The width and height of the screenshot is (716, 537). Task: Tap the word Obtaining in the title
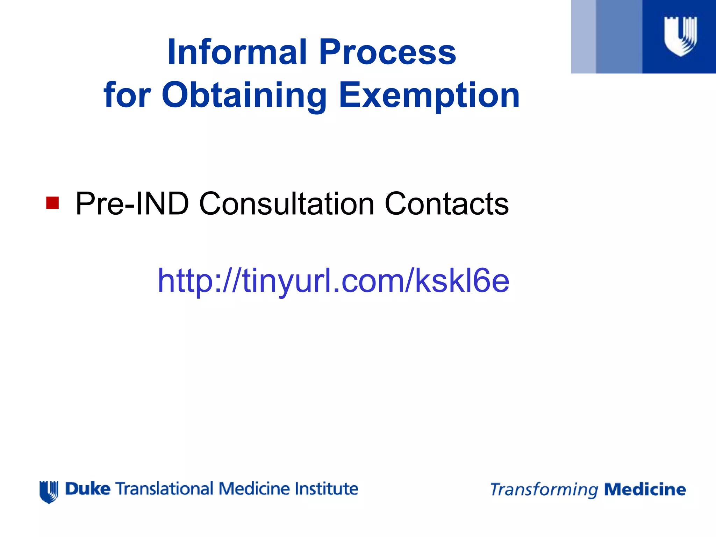pyautogui.click(x=244, y=95)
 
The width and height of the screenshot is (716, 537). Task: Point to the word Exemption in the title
pyautogui.click(x=429, y=95)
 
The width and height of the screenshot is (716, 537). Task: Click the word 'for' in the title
pyautogui.click(x=127, y=95)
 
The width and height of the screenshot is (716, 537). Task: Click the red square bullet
pyautogui.click(x=52, y=203)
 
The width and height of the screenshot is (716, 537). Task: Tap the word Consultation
pyautogui.click(x=287, y=203)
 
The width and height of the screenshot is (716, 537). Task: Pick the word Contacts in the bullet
pyautogui.click(x=446, y=203)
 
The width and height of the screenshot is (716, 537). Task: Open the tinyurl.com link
pyautogui.click(x=333, y=280)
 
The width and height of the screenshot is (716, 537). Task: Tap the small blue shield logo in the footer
pyautogui.click(x=49, y=492)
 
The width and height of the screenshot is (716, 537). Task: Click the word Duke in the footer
pyautogui.click(x=88, y=489)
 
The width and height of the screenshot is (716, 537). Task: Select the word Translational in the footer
pyautogui.click(x=164, y=489)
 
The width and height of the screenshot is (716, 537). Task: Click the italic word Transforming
pyautogui.click(x=544, y=490)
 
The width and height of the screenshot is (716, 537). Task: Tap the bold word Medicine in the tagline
pyautogui.click(x=645, y=489)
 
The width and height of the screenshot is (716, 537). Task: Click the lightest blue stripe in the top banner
pyautogui.click(x=583, y=37)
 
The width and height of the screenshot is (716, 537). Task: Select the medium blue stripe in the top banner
pyautogui.click(x=619, y=37)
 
